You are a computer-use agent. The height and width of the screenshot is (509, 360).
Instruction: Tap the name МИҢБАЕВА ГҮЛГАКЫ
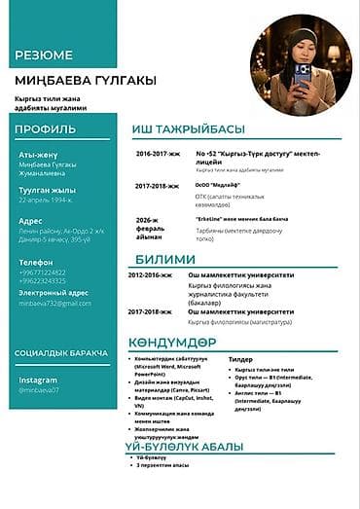84,81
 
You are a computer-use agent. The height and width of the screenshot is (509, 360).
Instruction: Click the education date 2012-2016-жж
149,275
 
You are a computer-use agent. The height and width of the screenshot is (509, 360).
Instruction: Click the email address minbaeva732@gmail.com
53,304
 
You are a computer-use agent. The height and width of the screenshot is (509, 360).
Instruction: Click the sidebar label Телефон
36,263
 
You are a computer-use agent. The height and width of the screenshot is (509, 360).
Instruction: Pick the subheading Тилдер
240,359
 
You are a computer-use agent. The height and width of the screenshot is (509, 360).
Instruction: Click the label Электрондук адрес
54,293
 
